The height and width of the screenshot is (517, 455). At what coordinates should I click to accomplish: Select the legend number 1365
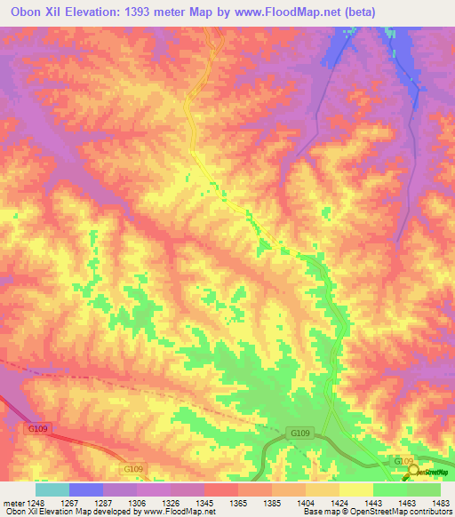(x=238, y=501)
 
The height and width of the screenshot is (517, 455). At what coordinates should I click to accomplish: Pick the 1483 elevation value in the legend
(x=441, y=501)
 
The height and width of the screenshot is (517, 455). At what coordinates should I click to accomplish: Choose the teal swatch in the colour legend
(x=52, y=489)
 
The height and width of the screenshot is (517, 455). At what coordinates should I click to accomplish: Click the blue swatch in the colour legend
(x=86, y=489)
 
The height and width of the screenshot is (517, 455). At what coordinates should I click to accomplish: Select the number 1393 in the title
(x=142, y=12)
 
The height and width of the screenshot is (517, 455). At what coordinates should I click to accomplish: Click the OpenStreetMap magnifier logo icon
(x=411, y=472)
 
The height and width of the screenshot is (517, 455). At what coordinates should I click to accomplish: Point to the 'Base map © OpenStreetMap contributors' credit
(x=377, y=512)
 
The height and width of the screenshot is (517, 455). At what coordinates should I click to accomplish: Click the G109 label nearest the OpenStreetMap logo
(x=403, y=462)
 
